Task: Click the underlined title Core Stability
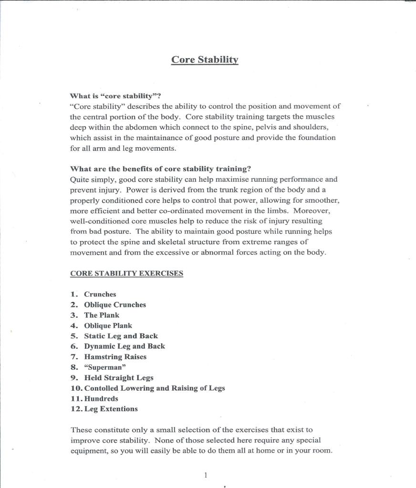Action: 205,60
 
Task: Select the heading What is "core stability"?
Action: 112,95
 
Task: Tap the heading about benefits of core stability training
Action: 160,169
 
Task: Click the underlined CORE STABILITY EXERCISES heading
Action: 126,273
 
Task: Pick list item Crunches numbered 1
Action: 100,294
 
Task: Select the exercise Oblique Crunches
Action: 115,305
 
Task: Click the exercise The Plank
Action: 102,315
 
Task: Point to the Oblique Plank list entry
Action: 108,326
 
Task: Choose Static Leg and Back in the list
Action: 121,336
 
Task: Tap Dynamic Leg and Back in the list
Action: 125,346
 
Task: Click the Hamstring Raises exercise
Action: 115,357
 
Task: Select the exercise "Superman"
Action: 105,367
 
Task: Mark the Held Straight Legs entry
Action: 119,378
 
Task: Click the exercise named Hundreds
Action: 101,399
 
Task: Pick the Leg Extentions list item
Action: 111,409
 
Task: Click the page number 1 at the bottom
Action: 206,475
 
